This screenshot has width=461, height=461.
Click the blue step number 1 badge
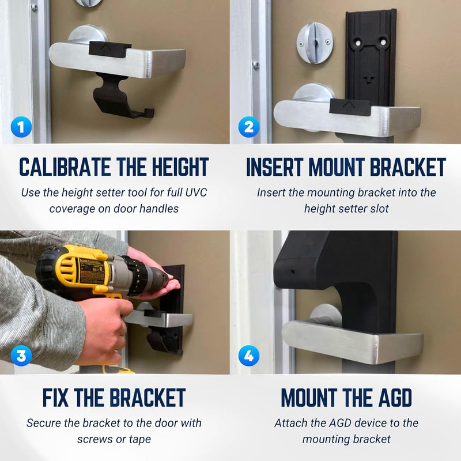(x=21, y=127)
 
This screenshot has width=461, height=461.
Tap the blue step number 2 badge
(x=249, y=127)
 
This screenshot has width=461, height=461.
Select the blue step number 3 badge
(x=21, y=356)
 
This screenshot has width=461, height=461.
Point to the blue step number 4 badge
(x=249, y=356)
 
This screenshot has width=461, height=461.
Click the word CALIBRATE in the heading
(x=65, y=167)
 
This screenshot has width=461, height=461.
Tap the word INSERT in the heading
(x=275, y=167)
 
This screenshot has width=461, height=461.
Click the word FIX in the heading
(x=55, y=398)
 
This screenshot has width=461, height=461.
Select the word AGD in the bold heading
(x=395, y=398)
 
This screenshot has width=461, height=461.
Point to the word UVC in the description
(x=196, y=192)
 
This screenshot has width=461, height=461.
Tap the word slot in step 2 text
(x=379, y=209)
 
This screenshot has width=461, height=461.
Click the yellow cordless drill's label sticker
(x=90, y=271)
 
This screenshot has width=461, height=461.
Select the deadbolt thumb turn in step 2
(x=315, y=43)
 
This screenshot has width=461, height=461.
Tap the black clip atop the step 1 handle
(x=109, y=50)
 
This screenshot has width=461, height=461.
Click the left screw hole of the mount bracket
(x=358, y=43)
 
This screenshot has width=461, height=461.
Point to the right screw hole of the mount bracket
(x=383, y=42)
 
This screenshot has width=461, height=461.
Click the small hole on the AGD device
(x=292, y=271)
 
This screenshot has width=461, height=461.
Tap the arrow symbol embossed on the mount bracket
(x=368, y=78)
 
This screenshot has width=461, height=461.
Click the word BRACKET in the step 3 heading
(x=148, y=398)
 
